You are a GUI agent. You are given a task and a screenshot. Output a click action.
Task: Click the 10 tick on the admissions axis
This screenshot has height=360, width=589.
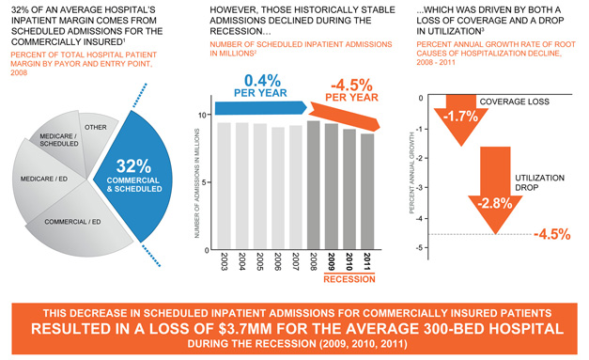(x=210, y=115)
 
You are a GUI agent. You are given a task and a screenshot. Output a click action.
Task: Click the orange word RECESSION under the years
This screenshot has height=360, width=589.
(x=350, y=279)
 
